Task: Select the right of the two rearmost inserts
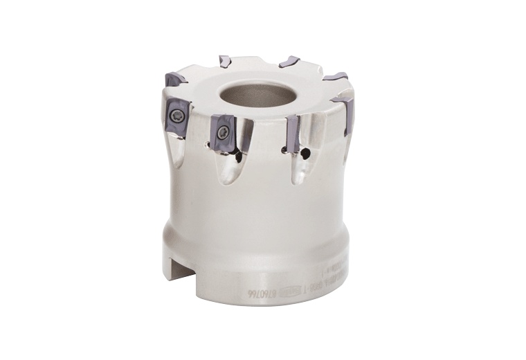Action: coord(289,62)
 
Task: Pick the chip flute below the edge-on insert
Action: coord(299,170)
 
